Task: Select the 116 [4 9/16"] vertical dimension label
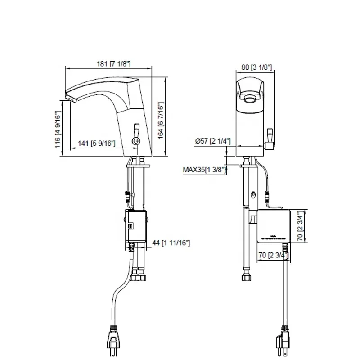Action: point(58,130)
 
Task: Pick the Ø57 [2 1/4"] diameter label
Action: point(213,141)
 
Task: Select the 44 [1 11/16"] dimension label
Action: point(171,243)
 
